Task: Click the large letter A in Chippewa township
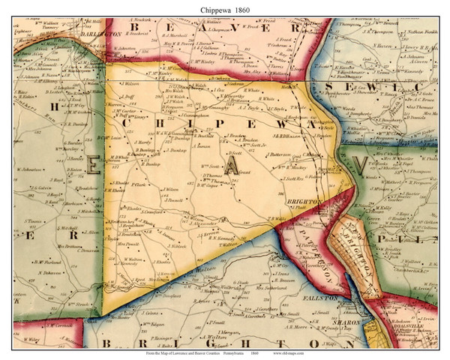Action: click(235, 168)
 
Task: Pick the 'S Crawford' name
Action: click(153, 214)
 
